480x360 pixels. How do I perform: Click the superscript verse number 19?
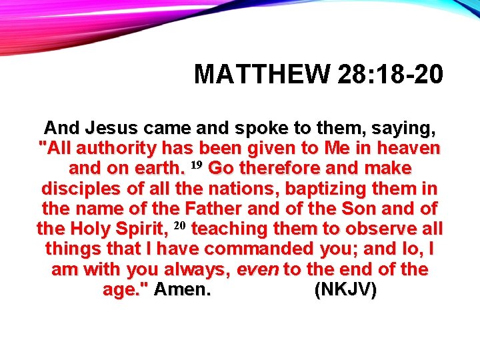tap(197, 165)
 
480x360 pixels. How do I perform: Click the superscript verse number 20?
tap(178, 226)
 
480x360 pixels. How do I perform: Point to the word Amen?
tap(182, 291)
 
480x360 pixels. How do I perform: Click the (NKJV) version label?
tap(345, 291)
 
